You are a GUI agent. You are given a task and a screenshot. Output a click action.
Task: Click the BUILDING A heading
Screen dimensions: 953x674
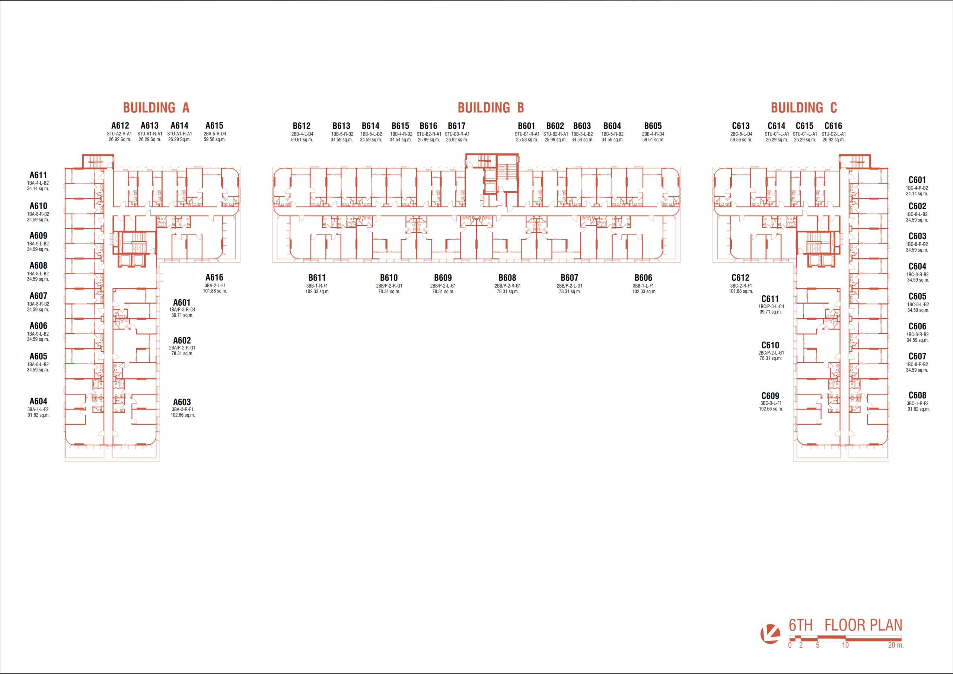tap(156, 108)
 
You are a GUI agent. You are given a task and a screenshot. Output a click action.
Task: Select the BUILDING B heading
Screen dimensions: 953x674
tap(491, 108)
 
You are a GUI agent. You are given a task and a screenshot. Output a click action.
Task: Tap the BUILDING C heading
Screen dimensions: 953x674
tap(804, 108)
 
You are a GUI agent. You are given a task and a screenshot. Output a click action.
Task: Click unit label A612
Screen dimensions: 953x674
tap(120, 125)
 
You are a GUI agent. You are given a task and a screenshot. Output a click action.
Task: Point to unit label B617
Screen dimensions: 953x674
tap(456, 126)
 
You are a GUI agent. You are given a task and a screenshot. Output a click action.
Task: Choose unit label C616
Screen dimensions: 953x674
tap(833, 126)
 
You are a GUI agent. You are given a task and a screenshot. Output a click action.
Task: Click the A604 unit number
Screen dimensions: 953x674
tap(38, 401)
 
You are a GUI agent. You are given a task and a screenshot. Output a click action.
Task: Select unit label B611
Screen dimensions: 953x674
tap(317, 278)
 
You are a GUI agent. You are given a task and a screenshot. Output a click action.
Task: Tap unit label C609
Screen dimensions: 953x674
tap(770, 396)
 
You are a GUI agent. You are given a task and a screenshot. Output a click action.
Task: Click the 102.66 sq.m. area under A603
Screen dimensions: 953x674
tap(183, 415)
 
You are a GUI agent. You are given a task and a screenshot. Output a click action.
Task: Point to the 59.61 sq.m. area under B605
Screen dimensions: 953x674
tap(653, 140)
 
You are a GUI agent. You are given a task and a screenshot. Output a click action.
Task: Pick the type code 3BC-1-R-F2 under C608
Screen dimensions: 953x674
tap(917, 403)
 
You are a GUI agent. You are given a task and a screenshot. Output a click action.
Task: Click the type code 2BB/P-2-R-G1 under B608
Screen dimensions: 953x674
tap(507, 286)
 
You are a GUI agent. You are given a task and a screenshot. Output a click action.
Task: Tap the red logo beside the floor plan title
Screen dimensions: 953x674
tap(770, 634)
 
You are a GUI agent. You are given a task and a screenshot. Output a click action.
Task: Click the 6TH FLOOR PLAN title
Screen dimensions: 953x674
tap(845, 625)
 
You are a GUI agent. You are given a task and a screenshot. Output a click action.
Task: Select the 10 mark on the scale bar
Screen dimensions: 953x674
tap(845, 645)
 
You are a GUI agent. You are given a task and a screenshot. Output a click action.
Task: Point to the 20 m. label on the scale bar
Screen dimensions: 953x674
tap(896, 645)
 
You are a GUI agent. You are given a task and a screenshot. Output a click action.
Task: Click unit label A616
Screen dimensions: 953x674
tap(214, 277)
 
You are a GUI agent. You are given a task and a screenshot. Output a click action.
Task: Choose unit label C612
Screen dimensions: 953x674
tap(740, 278)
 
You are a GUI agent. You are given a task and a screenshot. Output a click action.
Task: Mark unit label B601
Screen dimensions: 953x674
tap(526, 126)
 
